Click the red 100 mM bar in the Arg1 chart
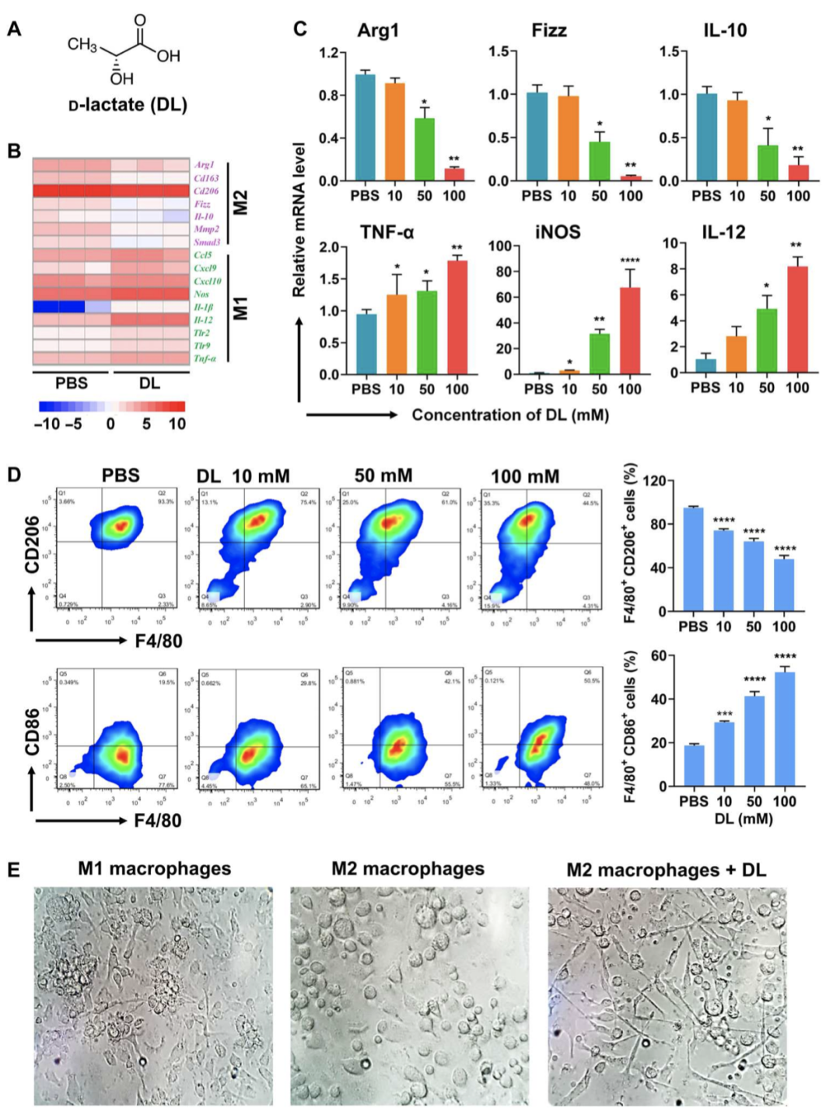(454, 174)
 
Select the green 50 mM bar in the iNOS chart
(599, 355)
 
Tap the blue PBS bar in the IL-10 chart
(706, 138)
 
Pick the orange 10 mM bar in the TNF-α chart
(397, 335)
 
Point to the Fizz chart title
(549, 30)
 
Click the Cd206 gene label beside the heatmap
(206, 190)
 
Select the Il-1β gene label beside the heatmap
(204, 307)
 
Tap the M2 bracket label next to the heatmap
(240, 203)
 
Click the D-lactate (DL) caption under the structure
(128, 105)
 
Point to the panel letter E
(13, 869)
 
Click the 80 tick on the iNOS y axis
(503, 271)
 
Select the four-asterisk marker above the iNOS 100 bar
(629, 260)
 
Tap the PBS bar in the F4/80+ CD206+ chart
(692, 559)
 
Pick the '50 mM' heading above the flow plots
(383, 476)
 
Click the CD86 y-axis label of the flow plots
(32, 732)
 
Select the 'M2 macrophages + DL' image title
(666, 869)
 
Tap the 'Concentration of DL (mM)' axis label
(510, 415)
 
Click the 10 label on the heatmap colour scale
(177, 424)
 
